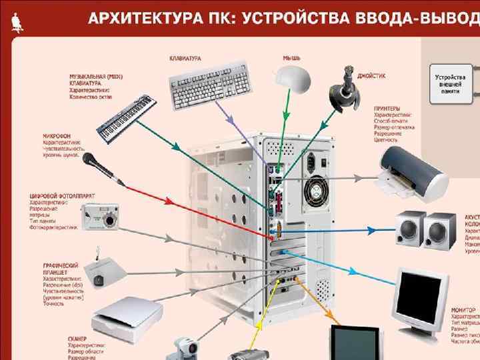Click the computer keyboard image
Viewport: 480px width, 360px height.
[x=211, y=85]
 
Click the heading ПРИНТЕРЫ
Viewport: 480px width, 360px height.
[x=387, y=107]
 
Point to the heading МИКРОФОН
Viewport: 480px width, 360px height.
[x=56, y=135]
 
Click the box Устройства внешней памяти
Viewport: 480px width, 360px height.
[x=450, y=79]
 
